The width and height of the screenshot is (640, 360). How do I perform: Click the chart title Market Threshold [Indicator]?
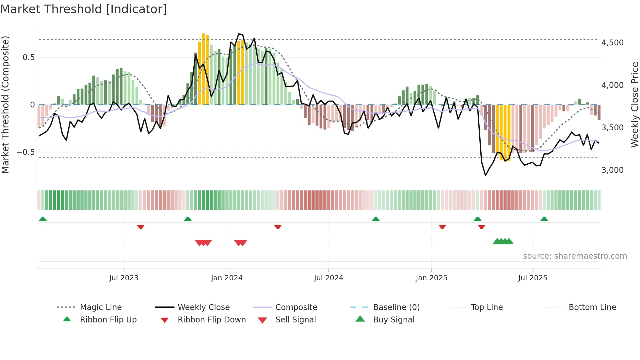[84, 9]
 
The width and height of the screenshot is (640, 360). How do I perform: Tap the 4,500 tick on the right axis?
[612, 43]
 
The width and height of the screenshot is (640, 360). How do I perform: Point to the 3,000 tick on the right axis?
[612, 170]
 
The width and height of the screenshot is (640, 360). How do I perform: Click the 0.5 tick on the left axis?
[29, 57]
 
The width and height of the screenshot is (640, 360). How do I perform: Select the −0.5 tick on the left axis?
[26, 152]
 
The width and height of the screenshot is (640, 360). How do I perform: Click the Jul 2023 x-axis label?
[124, 278]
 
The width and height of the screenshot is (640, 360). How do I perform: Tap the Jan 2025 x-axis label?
[431, 278]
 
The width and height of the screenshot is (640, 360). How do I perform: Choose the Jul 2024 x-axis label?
[328, 278]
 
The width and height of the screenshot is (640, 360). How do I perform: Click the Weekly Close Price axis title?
[634, 105]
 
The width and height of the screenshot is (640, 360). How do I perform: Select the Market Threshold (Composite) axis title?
[5, 105]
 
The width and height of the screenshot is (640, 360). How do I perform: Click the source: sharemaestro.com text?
[575, 256]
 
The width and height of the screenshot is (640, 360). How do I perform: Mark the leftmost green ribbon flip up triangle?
[43, 219]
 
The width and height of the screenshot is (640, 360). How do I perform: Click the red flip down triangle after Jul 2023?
[141, 227]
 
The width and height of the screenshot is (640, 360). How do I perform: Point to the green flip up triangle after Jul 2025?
[544, 219]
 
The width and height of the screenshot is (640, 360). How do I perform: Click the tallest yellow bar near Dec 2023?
[203, 69]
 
